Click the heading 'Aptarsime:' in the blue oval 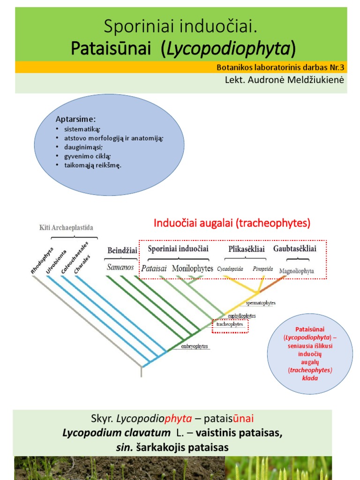point(75,119)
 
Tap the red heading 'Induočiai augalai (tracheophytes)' point(232,223)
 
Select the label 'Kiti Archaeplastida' point(66,228)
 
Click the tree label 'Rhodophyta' point(42,260)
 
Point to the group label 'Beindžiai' point(122,250)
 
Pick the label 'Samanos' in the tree point(120,268)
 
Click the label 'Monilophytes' point(193,269)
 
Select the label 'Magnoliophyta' point(297,271)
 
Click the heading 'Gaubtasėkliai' point(295,249)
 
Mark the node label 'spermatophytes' point(261,303)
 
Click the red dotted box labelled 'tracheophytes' point(230,324)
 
